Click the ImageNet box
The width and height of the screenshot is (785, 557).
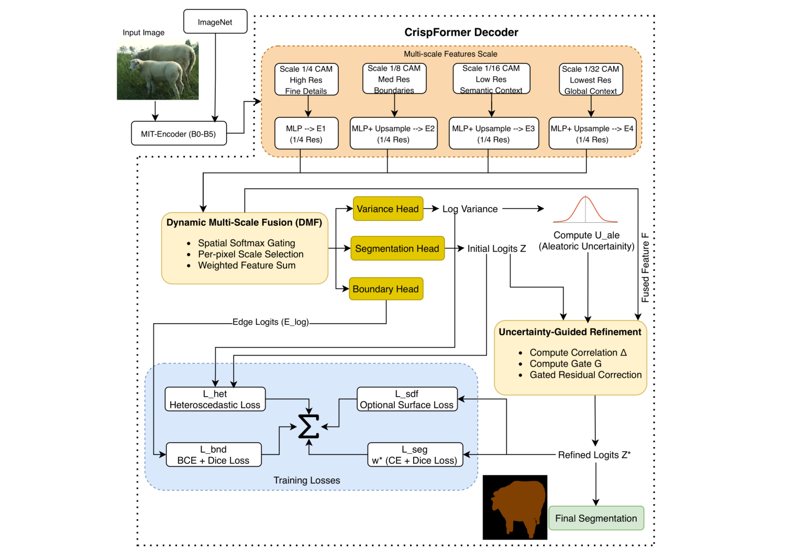pos(215,22)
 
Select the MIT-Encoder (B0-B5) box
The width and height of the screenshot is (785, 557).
pos(179,134)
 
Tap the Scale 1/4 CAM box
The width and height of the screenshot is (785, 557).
pos(306,80)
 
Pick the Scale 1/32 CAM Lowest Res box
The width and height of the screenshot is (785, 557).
pos(590,80)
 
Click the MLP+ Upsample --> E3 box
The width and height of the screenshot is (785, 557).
pos(493,134)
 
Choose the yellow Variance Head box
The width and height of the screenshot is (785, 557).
pos(388,209)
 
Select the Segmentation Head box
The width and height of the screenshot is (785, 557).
pos(397,248)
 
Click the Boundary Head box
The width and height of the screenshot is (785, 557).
pos(385,289)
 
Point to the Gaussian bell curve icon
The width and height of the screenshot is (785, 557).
pos(585,210)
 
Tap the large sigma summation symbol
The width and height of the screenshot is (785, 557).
pos(308,427)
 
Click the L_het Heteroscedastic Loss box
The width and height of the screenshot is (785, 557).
pos(215,399)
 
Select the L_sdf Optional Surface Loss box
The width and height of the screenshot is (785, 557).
pos(407,399)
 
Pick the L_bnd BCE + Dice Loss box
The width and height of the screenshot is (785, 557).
pos(213,455)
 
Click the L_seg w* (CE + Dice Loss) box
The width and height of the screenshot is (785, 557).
pos(415,455)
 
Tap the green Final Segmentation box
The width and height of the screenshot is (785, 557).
pos(596,518)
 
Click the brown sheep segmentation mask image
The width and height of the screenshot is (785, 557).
pos(515,507)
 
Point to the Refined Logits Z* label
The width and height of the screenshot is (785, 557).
pos(594,455)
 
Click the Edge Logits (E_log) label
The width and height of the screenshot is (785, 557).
pos(271,322)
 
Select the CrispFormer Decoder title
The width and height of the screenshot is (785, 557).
pos(461,32)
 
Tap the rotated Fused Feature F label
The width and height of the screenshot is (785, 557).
pos(645,268)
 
